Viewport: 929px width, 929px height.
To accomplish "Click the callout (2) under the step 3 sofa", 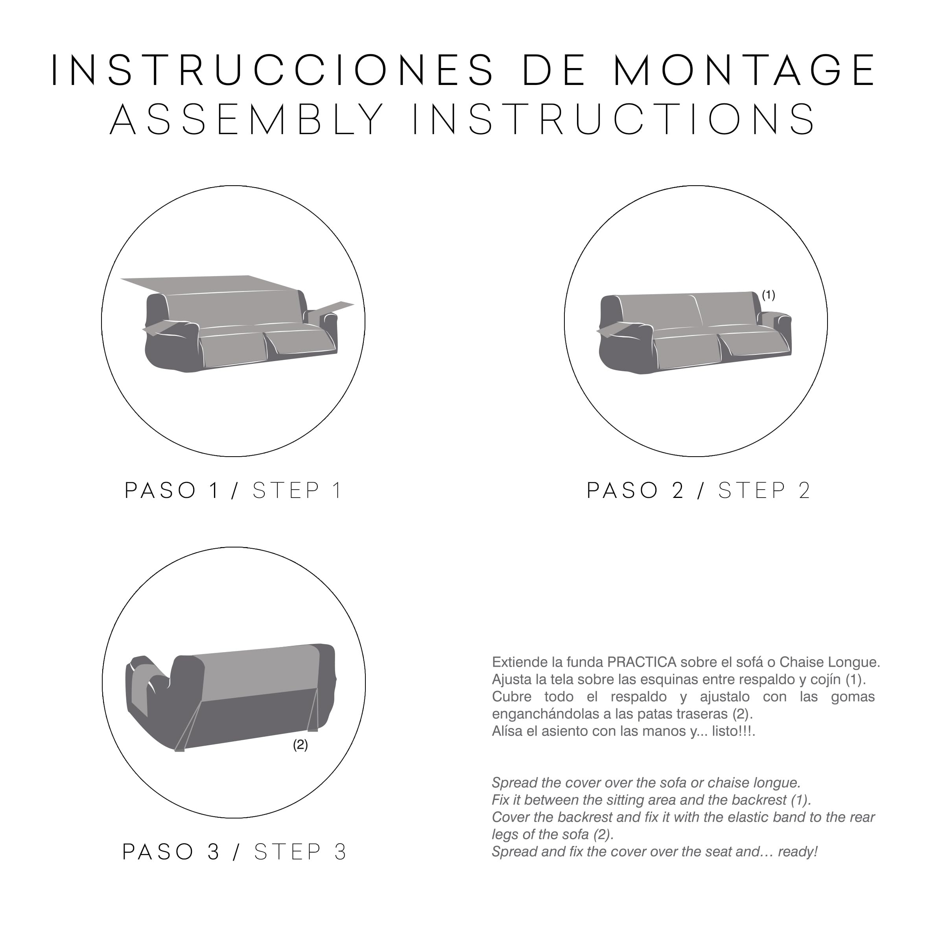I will (300, 745).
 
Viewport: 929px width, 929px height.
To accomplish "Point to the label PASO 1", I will (171, 490).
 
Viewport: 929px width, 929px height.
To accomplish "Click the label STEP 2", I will (765, 490).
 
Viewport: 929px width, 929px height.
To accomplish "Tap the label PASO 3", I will (171, 852).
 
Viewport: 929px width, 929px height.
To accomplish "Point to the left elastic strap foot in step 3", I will (179, 749).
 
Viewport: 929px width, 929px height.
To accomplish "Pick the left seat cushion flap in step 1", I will (233, 348).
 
